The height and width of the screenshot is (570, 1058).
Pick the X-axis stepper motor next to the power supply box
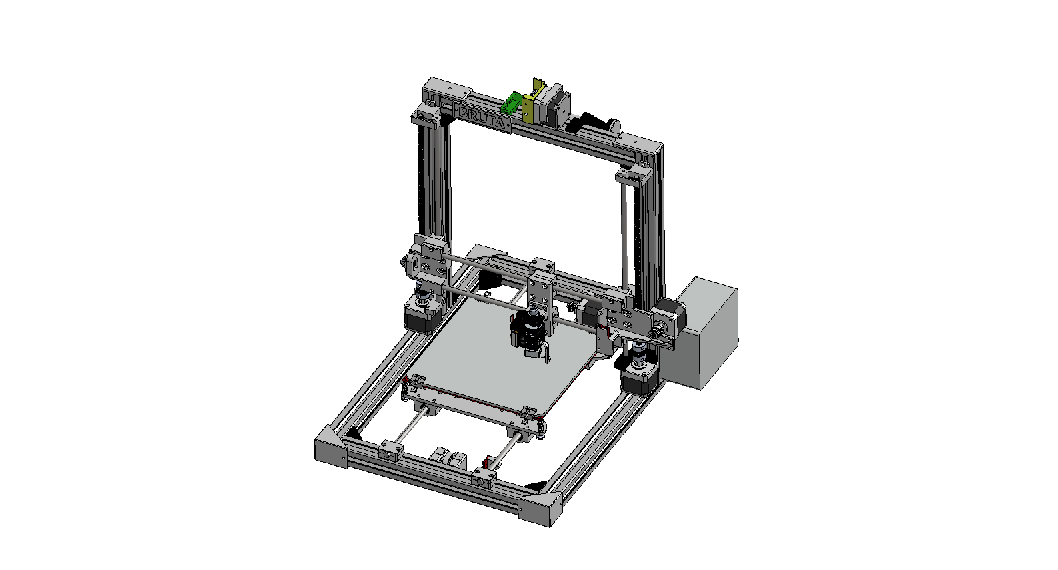pyautogui.click(x=668, y=318)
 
